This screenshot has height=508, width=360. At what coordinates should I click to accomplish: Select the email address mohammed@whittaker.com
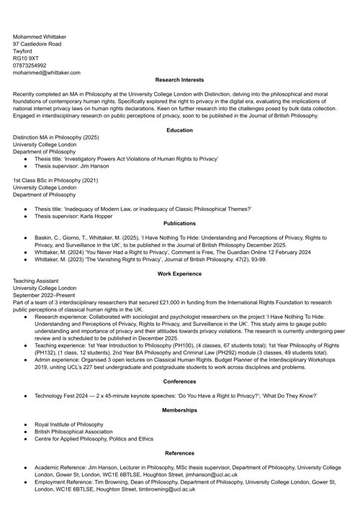[46, 73]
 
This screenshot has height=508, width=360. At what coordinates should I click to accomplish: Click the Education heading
[179, 130]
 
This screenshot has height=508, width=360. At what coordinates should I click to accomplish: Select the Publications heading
[179, 223]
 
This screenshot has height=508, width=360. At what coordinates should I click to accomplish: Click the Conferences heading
[179, 381]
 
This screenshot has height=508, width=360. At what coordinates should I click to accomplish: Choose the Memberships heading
[179, 410]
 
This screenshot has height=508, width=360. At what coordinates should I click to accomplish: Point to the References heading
[179, 453]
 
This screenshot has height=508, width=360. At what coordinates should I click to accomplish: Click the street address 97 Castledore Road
[37, 44]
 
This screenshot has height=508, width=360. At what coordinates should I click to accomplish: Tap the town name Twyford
[22, 51]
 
